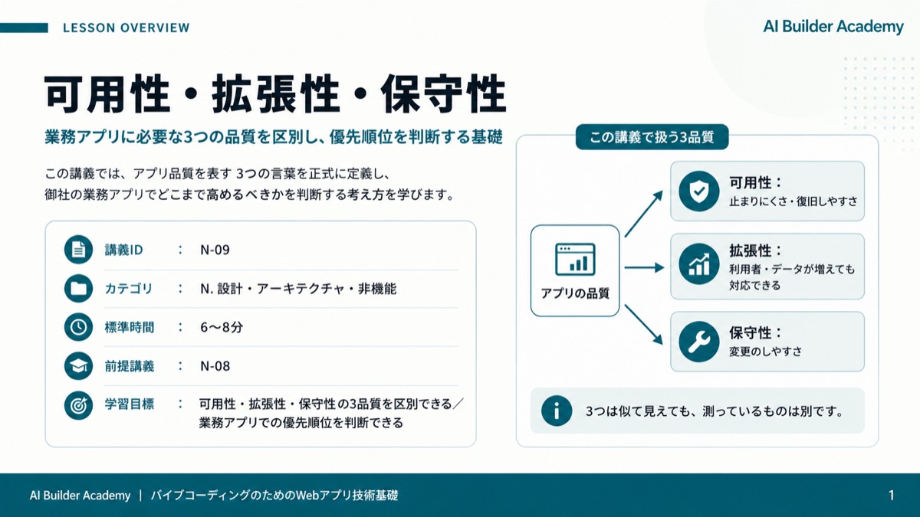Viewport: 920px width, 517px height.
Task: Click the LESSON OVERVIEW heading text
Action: pos(126,28)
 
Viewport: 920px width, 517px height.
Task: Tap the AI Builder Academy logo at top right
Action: pos(833,27)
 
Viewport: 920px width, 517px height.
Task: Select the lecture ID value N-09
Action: pos(215,250)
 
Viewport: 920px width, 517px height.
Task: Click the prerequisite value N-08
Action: pos(215,366)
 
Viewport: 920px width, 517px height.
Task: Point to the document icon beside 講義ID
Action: pos(78,250)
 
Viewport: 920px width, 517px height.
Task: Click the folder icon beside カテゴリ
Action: pos(78,289)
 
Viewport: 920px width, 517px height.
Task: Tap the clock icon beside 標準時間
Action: pos(78,327)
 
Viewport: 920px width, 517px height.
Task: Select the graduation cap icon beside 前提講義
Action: pos(78,365)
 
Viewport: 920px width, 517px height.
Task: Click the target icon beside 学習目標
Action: pos(78,405)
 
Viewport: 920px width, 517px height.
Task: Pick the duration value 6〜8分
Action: pos(222,328)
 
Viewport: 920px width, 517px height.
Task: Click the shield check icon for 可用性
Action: pos(698,191)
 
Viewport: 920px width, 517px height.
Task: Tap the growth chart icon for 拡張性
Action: pos(698,263)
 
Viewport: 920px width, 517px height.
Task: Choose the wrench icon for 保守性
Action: pos(698,342)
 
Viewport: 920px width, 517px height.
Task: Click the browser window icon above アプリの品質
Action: pos(575,260)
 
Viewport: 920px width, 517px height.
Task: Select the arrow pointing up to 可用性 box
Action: pos(644,214)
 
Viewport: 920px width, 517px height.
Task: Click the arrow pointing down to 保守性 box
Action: pos(644,325)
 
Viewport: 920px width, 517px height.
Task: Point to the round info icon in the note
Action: pos(557,411)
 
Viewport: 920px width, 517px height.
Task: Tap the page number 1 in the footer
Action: pos(891,496)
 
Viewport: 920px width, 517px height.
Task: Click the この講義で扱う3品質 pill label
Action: pos(652,137)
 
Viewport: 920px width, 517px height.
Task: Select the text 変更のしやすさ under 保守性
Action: pos(766,352)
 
